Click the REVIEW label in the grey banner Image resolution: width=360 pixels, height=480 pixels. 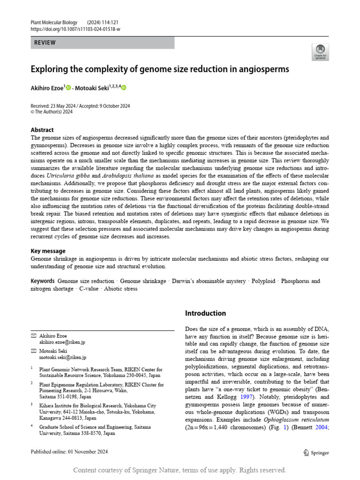(x=45, y=43)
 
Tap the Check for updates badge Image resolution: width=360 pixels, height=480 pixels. (x=320, y=52)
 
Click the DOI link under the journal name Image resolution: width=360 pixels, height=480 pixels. (x=75, y=29)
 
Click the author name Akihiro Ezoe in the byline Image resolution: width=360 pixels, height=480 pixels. (x=47, y=88)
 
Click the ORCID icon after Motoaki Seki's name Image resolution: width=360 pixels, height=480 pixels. (x=124, y=88)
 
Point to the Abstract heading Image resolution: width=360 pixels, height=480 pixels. (x=42, y=130)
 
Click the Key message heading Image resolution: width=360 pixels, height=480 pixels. (x=48, y=251)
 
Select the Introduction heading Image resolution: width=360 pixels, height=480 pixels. (x=205, y=313)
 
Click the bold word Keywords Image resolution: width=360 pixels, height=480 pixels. (x=43, y=281)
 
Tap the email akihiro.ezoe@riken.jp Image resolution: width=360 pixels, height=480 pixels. (x=62, y=342)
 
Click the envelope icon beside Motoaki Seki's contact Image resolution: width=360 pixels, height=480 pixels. (x=33, y=351)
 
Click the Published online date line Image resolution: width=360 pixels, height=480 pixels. (x=69, y=452)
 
